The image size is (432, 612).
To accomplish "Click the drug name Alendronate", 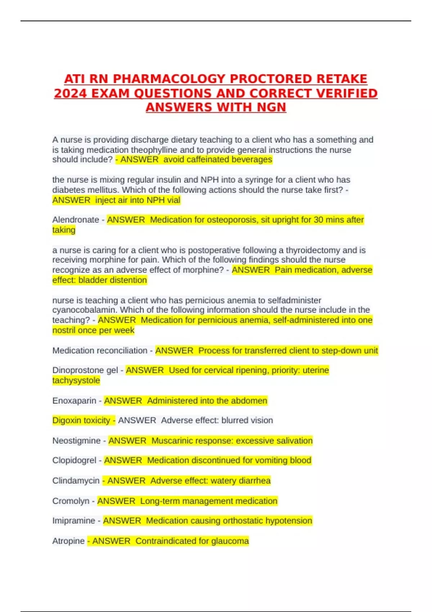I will coord(76,220).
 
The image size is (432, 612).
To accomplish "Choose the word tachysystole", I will coord(76,381).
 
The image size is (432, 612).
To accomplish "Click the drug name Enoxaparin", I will coord(74,401).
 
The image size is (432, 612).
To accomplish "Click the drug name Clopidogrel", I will coord(74,460).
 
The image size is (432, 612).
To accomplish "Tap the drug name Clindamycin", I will coord(76,481).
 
